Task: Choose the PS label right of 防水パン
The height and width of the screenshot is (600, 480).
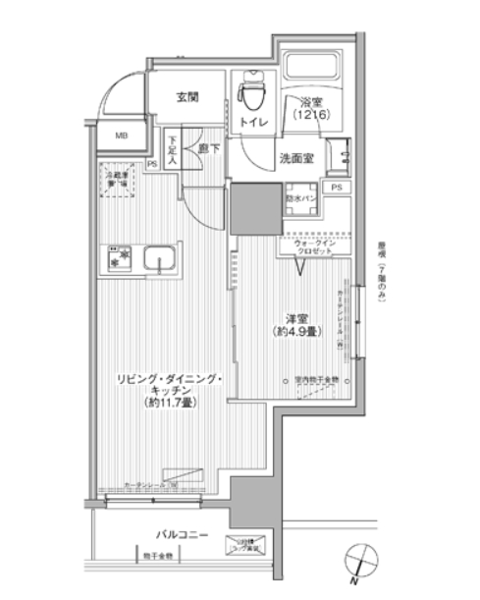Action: point(337,187)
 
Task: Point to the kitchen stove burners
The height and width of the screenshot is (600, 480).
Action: point(120,257)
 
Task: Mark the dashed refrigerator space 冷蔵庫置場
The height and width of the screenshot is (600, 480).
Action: point(119,184)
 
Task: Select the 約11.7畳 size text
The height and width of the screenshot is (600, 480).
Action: point(167,404)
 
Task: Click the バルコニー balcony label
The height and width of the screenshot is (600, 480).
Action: point(181,534)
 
